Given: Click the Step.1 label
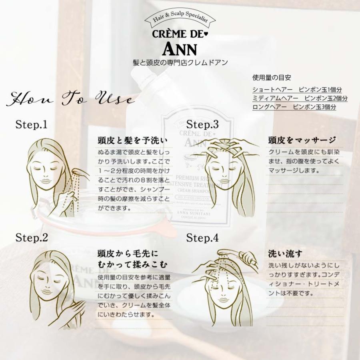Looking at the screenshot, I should (31, 124).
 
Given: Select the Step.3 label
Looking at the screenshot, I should (202, 124).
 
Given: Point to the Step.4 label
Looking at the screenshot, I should (202, 238).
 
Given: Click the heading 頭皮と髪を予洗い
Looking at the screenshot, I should (132, 140).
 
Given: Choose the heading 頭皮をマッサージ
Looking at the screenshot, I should (302, 140).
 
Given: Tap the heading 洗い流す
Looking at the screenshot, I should (285, 254).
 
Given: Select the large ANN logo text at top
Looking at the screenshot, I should (180, 48).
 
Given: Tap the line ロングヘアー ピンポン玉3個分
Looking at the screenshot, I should (294, 107).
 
